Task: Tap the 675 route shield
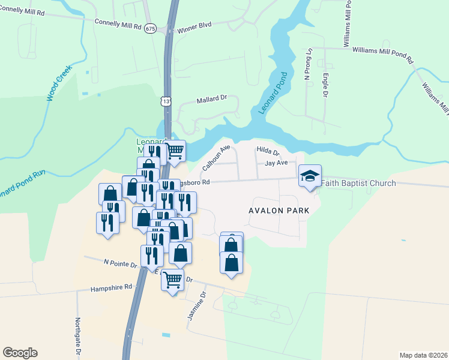pyautogui.click(x=151, y=29)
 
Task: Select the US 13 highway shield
pyautogui.click(x=165, y=102)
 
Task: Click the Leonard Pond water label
pyautogui.click(x=273, y=93)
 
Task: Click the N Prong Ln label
pyautogui.click(x=308, y=64)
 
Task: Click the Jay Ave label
pyautogui.click(x=276, y=163)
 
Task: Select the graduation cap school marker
pyautogui.click(x=310, y=176)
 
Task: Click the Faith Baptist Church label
pyautogui.click(x=358, y=183)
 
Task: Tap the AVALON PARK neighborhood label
pyautogui.click(x=279, y=211)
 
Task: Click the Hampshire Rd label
pyautogui.click(x=111, y=287)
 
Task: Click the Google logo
pyautogui.click(x=20, y=353)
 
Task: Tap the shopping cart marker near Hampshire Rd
pyautogui.click(x=173, y=279)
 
